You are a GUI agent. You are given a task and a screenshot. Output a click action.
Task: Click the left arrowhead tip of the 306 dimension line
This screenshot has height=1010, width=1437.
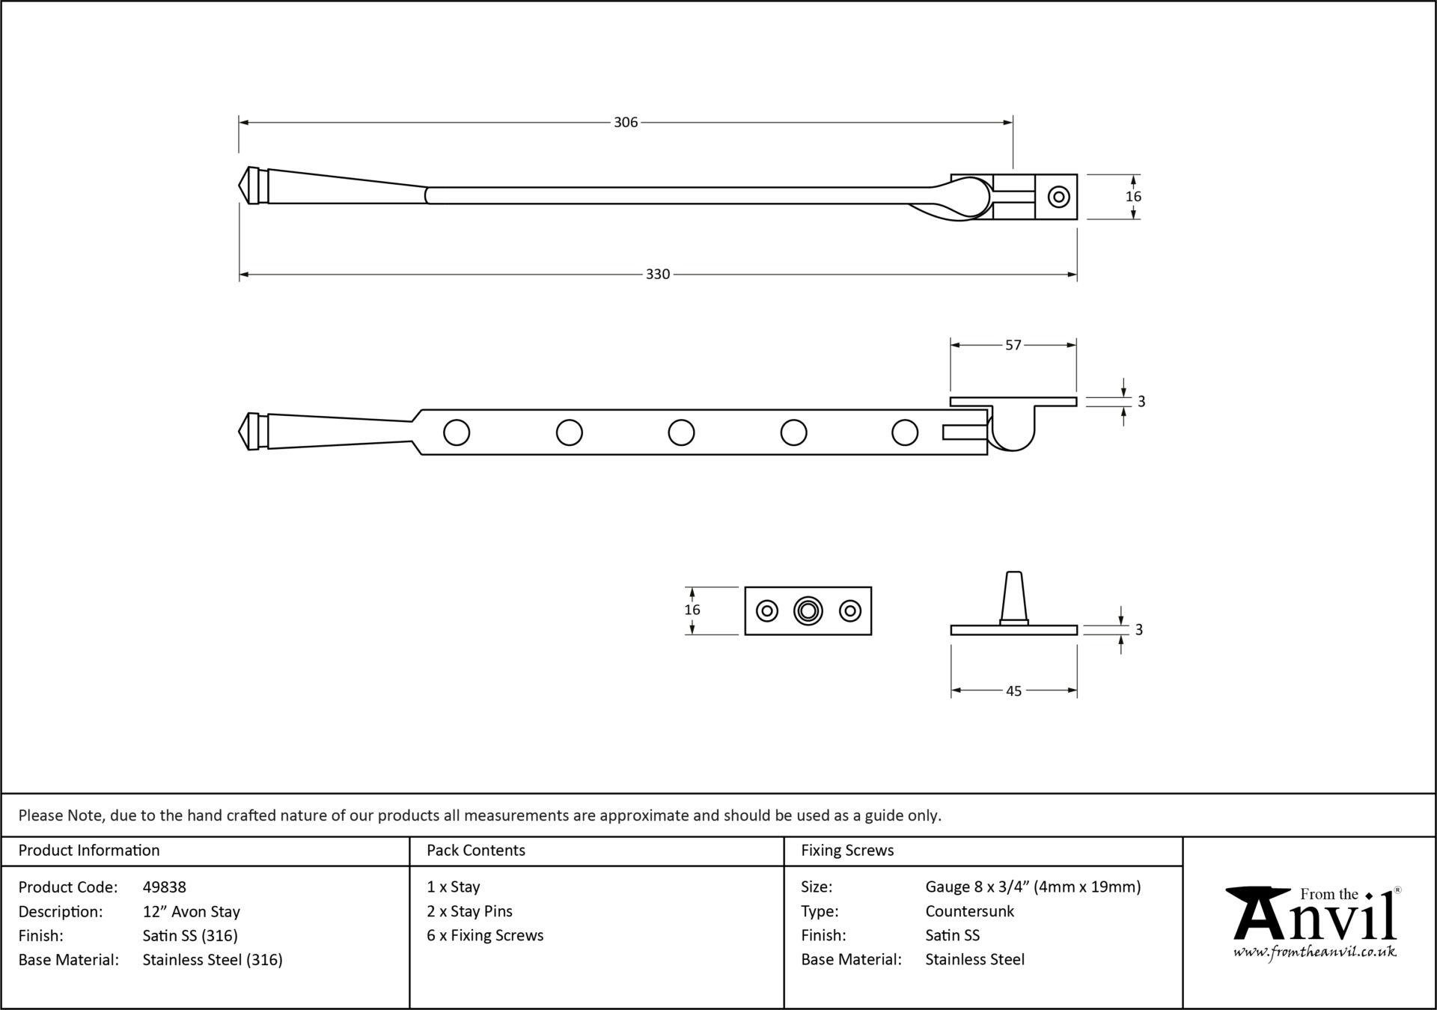pyautogui.click(x=239, y=122)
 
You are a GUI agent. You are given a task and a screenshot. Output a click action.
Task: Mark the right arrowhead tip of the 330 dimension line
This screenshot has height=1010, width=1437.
pyautogui.click(x=1077, y=275)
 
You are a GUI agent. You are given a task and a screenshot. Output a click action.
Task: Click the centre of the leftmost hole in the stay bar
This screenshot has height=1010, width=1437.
pyautogui.click(x=457, y=432)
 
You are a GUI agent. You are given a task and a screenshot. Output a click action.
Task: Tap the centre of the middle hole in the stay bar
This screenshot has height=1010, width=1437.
pyautogui.click(x=681, y=432)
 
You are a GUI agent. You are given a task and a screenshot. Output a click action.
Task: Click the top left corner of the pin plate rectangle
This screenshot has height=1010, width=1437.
pyautogui.click(x=745, y=587)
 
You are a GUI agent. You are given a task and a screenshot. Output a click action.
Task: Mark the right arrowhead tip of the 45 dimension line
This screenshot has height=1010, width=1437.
pyautogui.click(x=1077, y=691)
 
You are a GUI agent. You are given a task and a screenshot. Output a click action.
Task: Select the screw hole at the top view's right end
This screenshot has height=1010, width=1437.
pyautogui.click(x=1058, y=197)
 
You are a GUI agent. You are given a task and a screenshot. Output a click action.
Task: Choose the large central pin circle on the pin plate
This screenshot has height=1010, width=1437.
pyautogui.click(x=808, y=611)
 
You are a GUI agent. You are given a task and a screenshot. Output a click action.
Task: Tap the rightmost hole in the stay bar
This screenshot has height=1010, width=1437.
pyautogui.click(x=905, y=432)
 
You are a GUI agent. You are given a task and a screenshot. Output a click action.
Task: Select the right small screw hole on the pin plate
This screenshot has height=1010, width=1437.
pyautogui.click(x=850, y=611)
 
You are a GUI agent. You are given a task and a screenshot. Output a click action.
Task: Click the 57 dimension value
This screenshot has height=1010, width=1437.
pyautogui.click(x=1013, y=345)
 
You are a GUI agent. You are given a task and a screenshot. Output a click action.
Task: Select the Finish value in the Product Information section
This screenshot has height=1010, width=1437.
pyautogui.click(x=190, y=935)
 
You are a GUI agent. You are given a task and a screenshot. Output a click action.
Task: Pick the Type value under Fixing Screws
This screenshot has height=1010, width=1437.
pyautogui.click(x=969, y=911)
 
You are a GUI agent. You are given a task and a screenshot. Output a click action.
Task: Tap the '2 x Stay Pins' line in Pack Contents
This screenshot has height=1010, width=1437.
pyautogui.click(x=469, y=911)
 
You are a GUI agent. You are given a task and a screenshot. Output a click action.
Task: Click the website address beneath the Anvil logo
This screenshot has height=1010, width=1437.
pyautogui.click(x=1314, y=952)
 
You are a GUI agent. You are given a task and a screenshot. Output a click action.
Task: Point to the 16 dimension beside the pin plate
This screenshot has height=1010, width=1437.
pyautogui.click(x=692, y=610)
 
